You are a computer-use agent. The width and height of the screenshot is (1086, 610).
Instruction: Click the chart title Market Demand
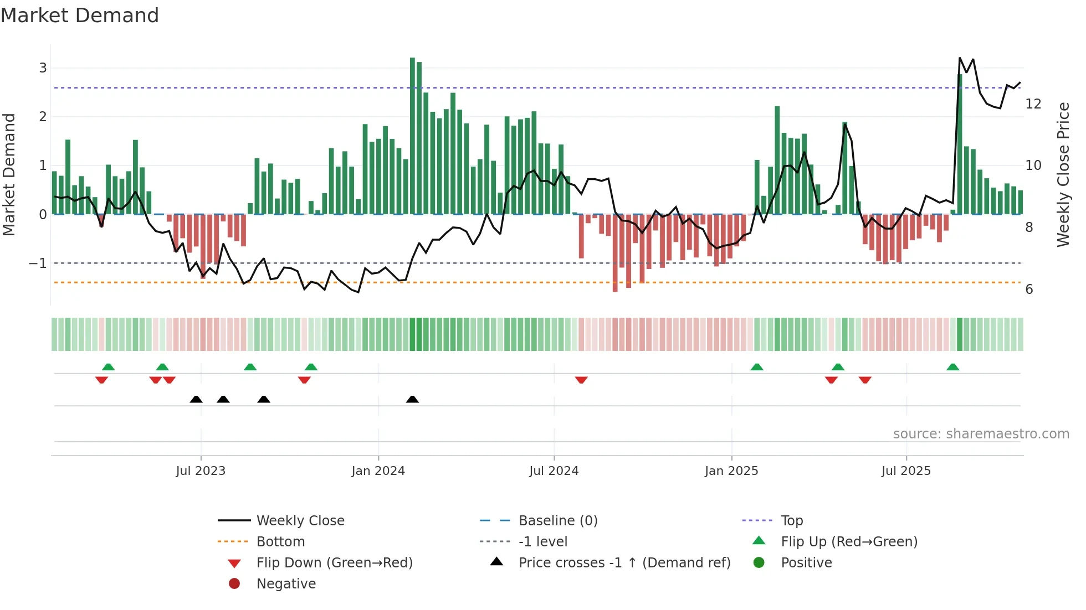click(x=80, y=15)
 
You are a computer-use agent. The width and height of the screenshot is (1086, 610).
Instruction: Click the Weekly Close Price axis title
click(x=1063, y=174)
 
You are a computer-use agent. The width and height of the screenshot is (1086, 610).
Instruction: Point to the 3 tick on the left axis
click(x=43, y=68)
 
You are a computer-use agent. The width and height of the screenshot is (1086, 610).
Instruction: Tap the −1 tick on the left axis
click(x=38, y=263)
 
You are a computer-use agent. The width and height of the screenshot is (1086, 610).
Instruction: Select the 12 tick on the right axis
click(x=1033, y=104)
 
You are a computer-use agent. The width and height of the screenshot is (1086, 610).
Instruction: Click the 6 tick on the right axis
click(x=1029, y=290)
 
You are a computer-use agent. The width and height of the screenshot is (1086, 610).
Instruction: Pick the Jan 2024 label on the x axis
click(x=378, y=471)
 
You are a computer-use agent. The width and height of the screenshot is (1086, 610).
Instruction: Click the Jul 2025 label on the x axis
click(x=906, y=471)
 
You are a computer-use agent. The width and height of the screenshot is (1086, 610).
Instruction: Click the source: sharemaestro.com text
click(x=981, y=434)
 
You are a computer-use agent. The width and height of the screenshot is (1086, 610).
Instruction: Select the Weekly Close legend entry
click(x=300, y=521)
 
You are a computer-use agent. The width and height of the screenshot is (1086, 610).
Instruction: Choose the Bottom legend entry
click(x=280, y=542)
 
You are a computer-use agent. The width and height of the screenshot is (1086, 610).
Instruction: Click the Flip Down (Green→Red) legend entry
click(x=334, y=563)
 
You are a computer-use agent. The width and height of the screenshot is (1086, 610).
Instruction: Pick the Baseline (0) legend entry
click(x=557, y=521)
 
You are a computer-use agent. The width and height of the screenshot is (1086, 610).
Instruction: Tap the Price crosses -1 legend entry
click(x=624, y=563)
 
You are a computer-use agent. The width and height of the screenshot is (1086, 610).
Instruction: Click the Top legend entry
click(x=791, y=521)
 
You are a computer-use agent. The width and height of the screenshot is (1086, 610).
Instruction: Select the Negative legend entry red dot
click(x=234, y=584)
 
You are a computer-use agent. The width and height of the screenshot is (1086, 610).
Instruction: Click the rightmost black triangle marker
click(x=412, y=400)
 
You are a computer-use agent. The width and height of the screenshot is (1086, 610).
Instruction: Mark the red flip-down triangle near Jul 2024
click(x=581, y=380)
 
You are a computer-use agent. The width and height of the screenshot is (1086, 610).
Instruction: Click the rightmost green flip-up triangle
click(x=952, y=367)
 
